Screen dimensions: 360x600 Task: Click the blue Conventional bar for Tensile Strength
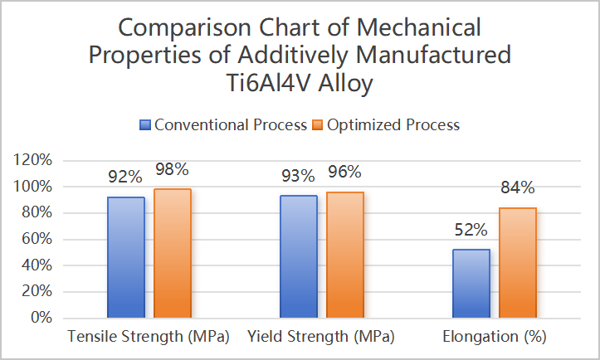pos(125,257)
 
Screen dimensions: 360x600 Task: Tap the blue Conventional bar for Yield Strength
pos(298,256)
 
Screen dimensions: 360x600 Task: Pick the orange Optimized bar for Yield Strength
pos(344,255)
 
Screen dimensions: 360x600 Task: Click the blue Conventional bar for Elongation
pos(471,283)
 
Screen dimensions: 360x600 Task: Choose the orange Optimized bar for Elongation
pos(517,262)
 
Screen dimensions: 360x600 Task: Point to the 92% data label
pos(125,177)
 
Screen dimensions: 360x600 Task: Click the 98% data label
pos(172,169)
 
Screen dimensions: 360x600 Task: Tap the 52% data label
pos(471,230)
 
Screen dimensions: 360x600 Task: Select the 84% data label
pos(517,187)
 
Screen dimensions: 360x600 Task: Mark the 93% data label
pos(298,176)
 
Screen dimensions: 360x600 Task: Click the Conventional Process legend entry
pos(224,125)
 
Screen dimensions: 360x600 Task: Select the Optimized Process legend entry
pos(387,125)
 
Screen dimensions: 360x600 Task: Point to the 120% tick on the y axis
pos(34,160)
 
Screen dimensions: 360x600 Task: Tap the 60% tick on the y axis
pos(37,239)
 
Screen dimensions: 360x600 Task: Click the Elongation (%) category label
pos(495,338)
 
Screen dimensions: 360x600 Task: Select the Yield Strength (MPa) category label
pos(321,338)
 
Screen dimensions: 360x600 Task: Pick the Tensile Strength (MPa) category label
pos(149,338)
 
